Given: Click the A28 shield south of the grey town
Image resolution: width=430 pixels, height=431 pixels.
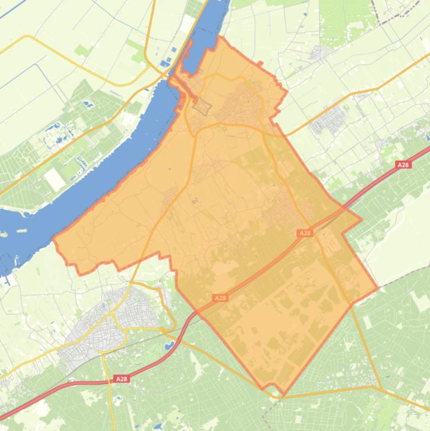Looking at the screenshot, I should (121, 379).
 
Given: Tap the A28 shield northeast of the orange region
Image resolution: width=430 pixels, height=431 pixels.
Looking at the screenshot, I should (403, 165).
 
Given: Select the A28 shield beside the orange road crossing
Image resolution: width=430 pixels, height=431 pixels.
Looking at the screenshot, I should (305, 233).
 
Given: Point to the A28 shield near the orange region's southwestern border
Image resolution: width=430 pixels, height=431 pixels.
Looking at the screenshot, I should (220, 298).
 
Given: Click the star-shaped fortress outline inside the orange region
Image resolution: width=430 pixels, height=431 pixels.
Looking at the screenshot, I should (200, 106).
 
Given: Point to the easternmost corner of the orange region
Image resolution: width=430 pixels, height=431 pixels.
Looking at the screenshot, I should (378, 288).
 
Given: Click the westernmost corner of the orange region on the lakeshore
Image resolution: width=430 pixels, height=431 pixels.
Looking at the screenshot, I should (54, 242).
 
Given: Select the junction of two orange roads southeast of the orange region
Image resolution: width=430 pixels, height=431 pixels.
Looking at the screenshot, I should (381, 388).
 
